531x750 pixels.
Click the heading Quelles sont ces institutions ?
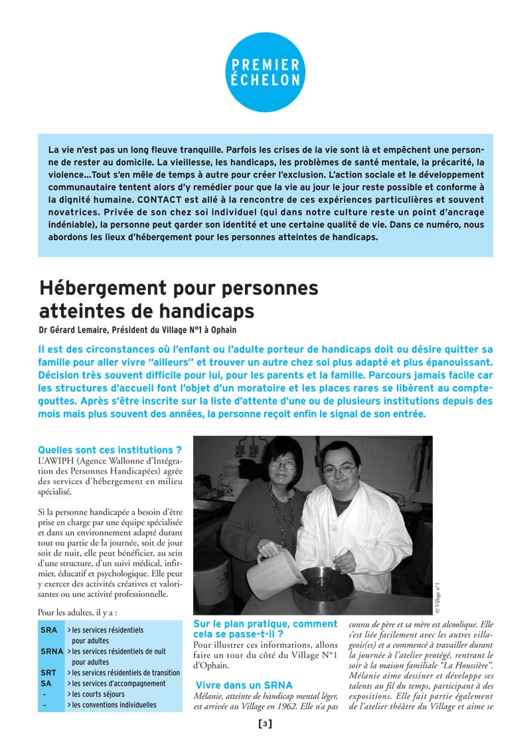[110, 450]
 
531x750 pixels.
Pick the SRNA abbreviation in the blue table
[52, 651]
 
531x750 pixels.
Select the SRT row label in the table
[48, 672]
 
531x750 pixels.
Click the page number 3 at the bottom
[265, 723]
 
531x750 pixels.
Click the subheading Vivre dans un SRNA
[244, 684]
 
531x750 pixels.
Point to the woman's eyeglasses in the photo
[283, 466]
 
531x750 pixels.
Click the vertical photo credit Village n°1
[438, 597]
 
